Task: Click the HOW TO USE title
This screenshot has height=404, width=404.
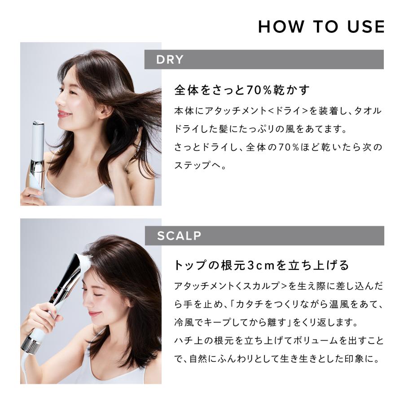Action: pyautogui.click(x=321, y=27)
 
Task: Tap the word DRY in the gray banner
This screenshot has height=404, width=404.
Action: pyautogui.click(x=170, y=60)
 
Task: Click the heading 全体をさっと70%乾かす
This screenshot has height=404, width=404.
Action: pyautogui.click(x=242, y=90)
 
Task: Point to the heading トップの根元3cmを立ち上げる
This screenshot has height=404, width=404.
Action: pyautogui.click(x=261, y=265)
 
